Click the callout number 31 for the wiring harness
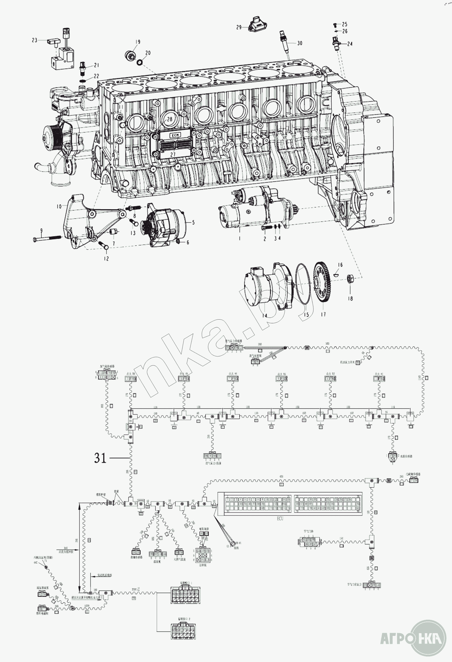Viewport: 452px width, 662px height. point(100,458)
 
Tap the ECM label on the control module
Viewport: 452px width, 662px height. point(174,135)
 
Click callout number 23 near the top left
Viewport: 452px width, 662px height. point(34,40)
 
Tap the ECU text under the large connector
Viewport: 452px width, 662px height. point(280,519)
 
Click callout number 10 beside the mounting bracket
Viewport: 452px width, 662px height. point(59,206)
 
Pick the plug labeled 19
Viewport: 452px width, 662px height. point(131,55)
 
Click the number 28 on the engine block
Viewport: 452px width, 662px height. point(170,119)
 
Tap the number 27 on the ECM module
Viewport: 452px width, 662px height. point(173,154)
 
